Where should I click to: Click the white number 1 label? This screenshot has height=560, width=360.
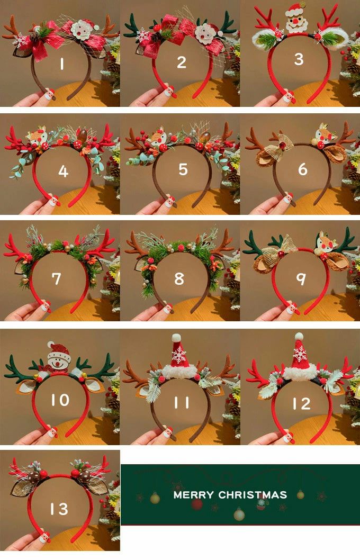62,64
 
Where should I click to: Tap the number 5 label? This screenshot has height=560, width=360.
183,169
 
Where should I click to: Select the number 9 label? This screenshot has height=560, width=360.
302,278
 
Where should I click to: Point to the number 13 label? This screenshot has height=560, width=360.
59,509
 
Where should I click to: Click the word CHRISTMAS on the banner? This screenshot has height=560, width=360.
253,495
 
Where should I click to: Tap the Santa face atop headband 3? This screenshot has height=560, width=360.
296,18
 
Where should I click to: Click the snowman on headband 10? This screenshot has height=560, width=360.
59,357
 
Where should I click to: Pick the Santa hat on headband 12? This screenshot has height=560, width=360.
300,358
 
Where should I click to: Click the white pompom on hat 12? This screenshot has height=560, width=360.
299,337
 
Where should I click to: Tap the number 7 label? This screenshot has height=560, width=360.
57,278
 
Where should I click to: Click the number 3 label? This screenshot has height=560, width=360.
299,59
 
